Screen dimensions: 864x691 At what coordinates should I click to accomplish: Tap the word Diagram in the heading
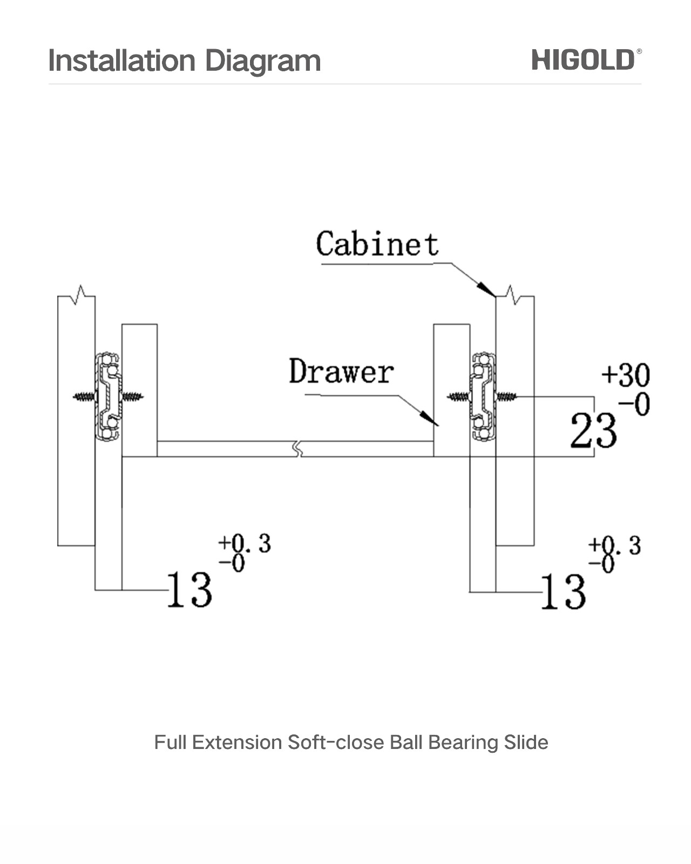point(263,62)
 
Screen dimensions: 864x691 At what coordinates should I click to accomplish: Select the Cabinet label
point(377,244)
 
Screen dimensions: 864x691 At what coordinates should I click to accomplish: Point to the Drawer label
point(341,372)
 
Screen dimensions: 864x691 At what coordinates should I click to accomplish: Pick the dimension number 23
point(593,430)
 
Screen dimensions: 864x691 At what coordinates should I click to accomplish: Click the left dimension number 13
point(189,590)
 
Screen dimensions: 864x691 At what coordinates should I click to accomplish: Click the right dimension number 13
point(563,592)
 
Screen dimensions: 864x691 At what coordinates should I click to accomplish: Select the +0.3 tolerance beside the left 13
point(244,544)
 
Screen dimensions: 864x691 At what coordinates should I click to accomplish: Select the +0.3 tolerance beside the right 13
point(614,546)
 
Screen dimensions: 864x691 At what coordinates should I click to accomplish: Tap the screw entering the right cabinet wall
point(506,397)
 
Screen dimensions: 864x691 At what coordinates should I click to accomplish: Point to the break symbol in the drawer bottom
point(296,449)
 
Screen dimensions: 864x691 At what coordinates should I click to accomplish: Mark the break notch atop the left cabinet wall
point(81,294)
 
